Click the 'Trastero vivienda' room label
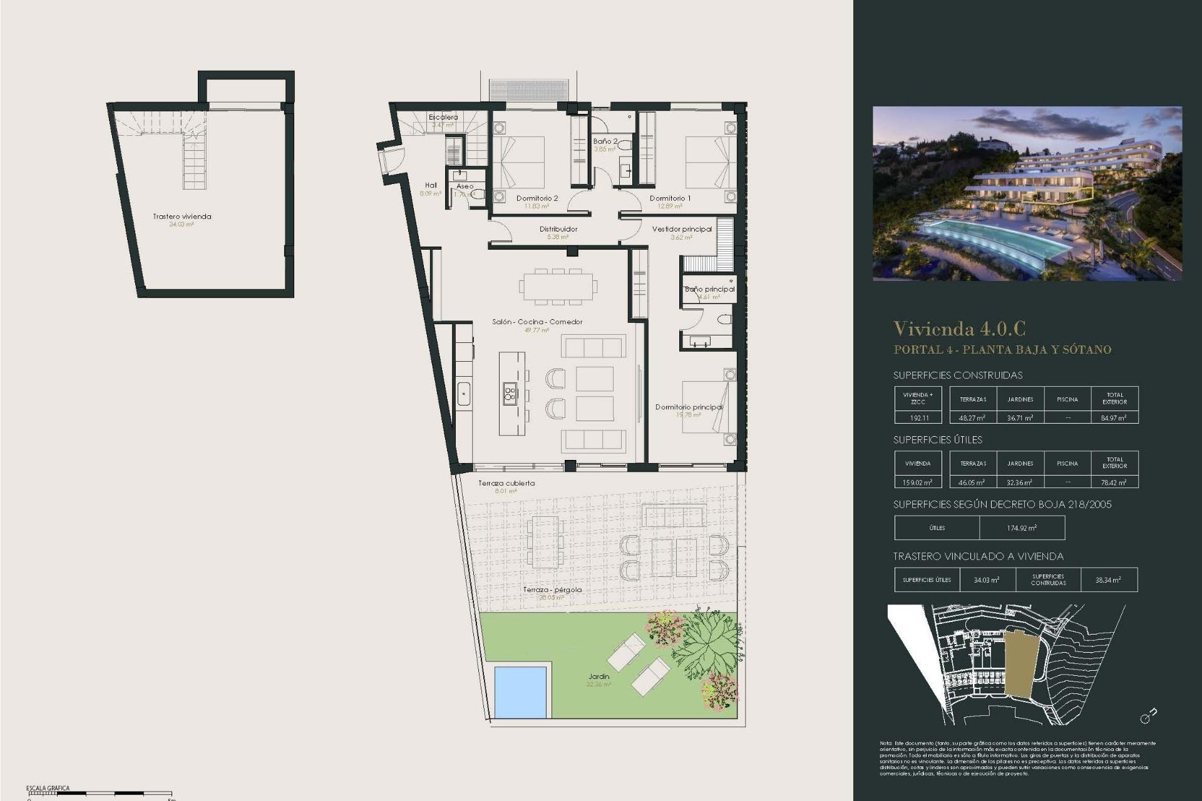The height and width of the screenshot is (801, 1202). tap(182, 217)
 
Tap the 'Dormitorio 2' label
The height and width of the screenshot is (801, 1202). tap(537, 198)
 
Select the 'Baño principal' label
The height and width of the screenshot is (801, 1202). tap(709, 289)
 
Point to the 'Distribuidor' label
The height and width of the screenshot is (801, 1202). tap(558, 229)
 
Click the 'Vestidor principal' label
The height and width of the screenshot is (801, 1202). tap(682, 229)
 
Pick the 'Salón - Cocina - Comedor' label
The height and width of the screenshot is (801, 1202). tap(537, 322)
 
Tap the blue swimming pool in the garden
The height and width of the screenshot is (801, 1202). tap(520, 692)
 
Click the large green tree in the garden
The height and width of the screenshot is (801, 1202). tap(704, 645)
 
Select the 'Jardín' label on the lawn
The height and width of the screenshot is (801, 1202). tap(599, 676)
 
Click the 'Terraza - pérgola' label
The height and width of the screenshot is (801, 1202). tap(552, 589)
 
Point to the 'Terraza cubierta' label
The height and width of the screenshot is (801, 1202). tap(506, 483)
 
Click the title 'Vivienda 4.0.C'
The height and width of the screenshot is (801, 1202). tap(959, 329)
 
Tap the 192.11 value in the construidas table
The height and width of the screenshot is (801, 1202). tap(918, 417)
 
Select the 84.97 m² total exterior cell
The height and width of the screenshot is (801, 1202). tap(1114, 417)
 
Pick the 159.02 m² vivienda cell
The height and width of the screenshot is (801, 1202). tap(918, 482)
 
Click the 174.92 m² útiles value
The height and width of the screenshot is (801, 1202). tap(1022, 528)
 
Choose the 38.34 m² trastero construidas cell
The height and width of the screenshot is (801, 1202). tap(1108, 580)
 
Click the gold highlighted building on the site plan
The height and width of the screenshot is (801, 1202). tap(1022, 663)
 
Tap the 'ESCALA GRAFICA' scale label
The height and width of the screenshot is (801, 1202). tap(48, 788)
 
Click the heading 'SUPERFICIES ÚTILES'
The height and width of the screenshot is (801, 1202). tap(938, 440)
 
